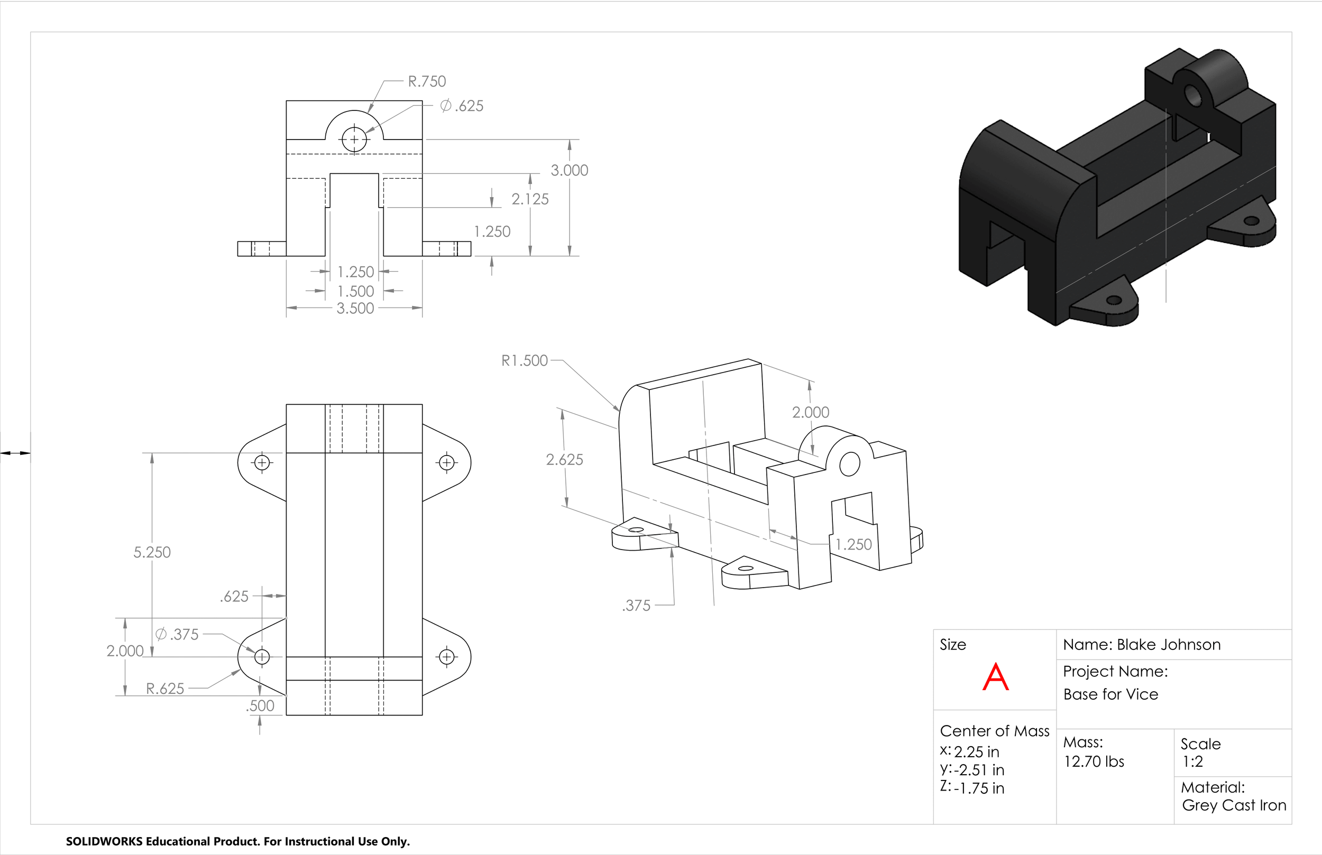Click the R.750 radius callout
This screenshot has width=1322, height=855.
[427, 81]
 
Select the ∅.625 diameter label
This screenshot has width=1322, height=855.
[462, 106]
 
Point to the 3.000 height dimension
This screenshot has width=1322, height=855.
[570, 171]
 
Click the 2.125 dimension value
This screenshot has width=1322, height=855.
[530, 199]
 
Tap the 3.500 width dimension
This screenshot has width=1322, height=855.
[355, 309]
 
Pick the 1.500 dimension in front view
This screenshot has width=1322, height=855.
[355, 292]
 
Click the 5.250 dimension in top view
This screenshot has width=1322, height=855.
[152, 552]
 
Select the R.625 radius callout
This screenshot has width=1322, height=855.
[165, 689]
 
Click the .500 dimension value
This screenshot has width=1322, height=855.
[260, 706]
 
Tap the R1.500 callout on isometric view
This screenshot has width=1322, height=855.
[525, 361]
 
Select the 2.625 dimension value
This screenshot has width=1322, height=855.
[564, 460]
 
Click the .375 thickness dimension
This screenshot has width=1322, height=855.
[636, 606]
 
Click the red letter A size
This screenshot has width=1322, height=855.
[995, 677]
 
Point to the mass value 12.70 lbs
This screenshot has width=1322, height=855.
[1094, 761]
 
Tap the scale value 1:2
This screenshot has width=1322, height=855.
[1192, 761]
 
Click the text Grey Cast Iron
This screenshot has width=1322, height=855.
[1234, 805]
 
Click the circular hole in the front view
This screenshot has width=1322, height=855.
[354, 140]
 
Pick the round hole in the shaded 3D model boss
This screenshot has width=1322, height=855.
[1192, 95]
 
